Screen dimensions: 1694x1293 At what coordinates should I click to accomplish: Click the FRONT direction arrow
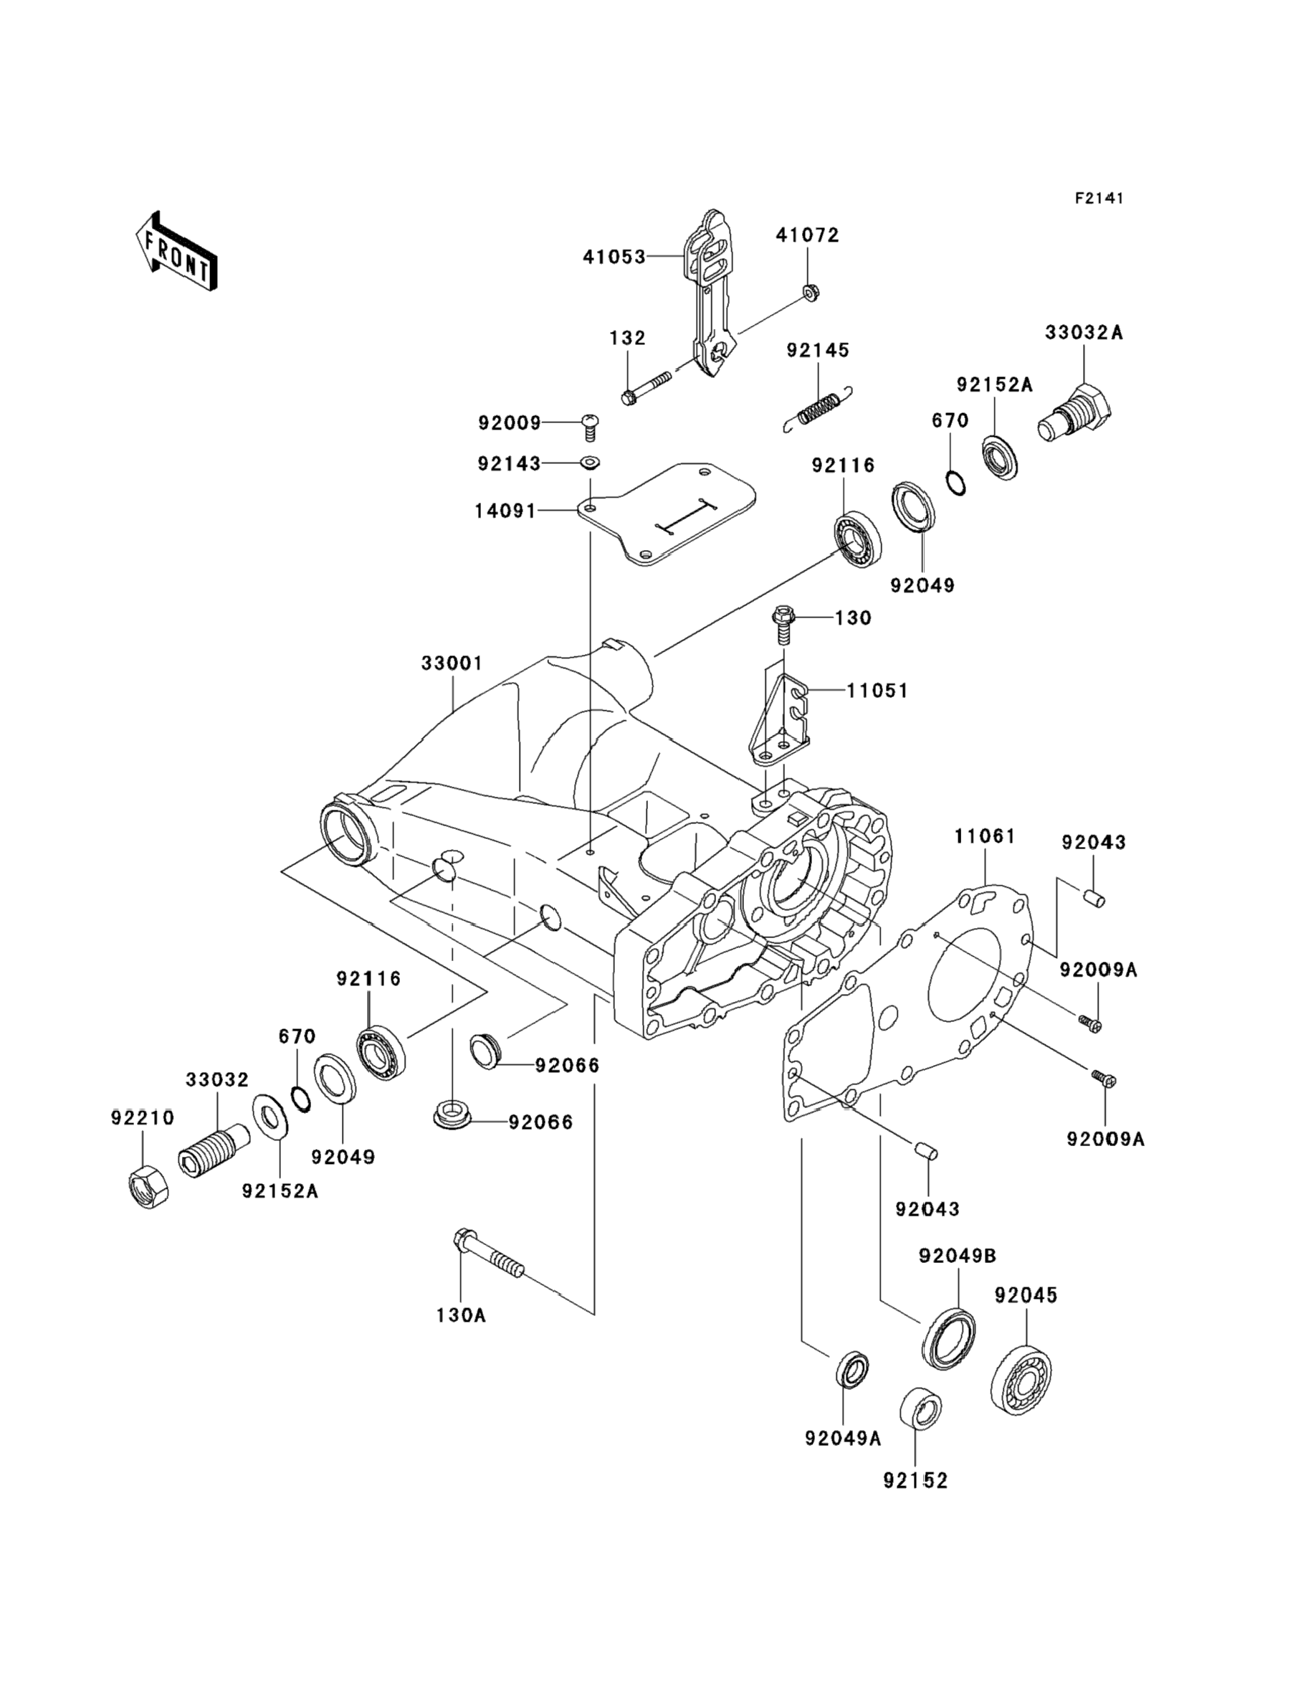(176, 251)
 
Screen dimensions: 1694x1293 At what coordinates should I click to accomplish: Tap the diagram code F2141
(1099, 198)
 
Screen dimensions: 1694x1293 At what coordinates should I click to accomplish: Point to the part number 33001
(452, 663)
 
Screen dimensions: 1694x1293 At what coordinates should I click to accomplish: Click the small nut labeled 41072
(809, 292)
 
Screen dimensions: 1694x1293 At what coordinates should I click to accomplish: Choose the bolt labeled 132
(646, 387)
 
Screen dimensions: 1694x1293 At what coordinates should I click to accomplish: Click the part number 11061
(985, 836)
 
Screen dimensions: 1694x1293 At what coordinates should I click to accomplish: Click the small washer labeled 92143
(591, 463)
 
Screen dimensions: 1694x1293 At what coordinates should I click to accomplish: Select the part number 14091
(505, 511)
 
